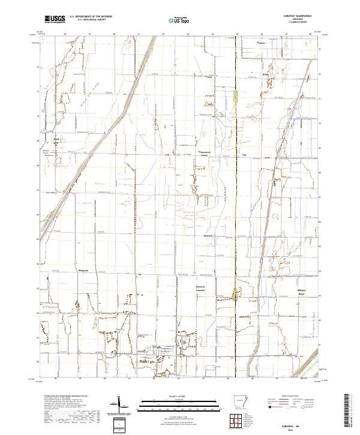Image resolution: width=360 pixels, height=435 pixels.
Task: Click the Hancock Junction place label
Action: coord(205,289)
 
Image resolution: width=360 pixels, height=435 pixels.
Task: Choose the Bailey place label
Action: coord(265,74)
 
